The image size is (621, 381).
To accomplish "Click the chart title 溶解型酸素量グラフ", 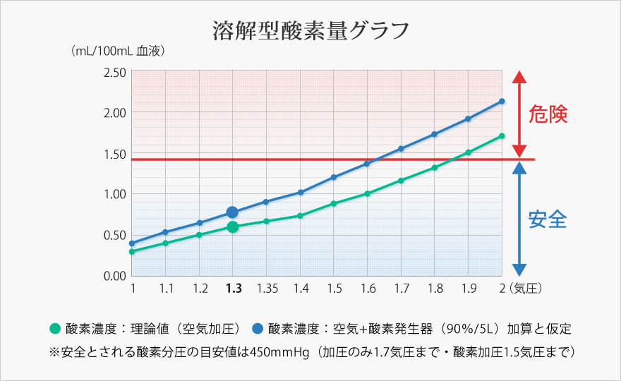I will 310,31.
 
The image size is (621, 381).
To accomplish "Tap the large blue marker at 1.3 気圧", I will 233,212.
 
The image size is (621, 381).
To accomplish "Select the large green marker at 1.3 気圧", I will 233,226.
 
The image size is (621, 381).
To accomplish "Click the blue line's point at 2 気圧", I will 502,101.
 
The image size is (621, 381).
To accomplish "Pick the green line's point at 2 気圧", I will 502,135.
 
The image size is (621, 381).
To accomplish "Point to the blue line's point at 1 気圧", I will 132,243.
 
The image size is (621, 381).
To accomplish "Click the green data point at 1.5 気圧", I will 334,203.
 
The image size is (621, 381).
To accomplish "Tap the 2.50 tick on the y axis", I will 114,72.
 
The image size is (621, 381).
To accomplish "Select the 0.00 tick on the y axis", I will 114,275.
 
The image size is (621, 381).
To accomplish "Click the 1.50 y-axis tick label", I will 114,154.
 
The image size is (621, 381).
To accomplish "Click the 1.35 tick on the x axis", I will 266,289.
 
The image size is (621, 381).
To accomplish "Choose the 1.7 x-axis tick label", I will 401,289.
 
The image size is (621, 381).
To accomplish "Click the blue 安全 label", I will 548,219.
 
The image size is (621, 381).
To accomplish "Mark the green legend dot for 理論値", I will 55,328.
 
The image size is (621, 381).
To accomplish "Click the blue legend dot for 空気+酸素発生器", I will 258,328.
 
